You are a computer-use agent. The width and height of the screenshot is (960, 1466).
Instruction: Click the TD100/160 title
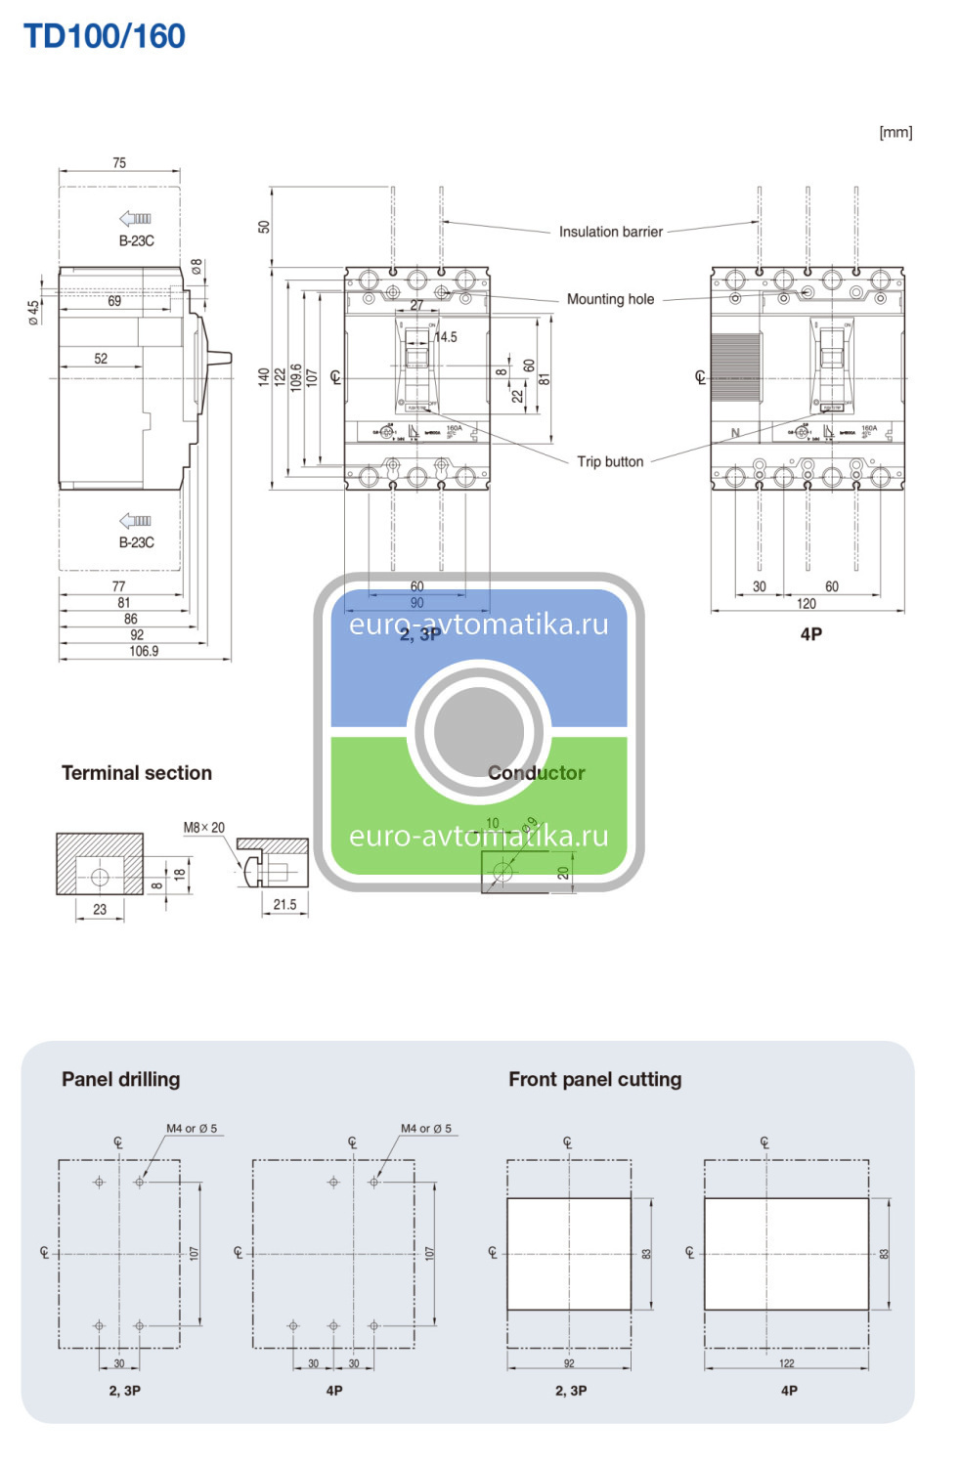pyautogui.click(x=104, y=36)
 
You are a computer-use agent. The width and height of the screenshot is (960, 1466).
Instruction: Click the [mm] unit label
pyautogui.click(x=895, y=132)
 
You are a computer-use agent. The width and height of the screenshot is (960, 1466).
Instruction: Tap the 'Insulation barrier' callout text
pyautogui.click(x=610, y=232)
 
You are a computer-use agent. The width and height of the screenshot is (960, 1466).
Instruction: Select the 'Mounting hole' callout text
pyautogui.click(x=610, y=299)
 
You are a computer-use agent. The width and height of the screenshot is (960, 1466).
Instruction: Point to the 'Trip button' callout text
pyautogui.click(x=610, y=461)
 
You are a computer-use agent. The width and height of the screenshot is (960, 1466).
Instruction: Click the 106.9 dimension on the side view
pyautogui.click(x=144, y=651)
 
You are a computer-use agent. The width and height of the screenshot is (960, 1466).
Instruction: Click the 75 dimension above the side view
pyautogui.click(x=119, y=163)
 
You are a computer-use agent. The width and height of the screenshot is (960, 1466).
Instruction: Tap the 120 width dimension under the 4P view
pyautogui.click(x=807, y=604)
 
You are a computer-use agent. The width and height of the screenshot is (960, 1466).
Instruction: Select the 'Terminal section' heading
pyautogui.click(x=137, y=773)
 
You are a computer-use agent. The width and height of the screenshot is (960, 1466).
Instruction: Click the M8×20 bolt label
pyautogui.click(x=203, y=828)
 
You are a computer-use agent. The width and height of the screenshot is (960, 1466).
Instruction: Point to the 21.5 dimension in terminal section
pyautogui.click(x=284, y=905)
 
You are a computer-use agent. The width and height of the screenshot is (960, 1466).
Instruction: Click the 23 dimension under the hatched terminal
pyautogui.click(x=100, y=909)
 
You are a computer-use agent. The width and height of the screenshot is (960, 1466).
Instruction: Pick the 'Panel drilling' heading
pyautogui.click(x=120, y=1079)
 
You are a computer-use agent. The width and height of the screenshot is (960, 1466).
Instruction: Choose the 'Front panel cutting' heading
pyautogui.click(x=594, y=1079)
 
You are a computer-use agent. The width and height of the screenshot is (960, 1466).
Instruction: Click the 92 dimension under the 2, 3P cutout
pyautogui.click(x=569, y=1363)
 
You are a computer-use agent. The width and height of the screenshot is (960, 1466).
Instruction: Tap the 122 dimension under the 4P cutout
pyautogui.click(x=787, y=1363)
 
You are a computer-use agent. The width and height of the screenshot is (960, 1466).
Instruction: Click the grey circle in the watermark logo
pyautogui.click(x=479, y=731)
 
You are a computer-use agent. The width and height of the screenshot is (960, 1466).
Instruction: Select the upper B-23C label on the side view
pyautogui.click(x=137, y=240)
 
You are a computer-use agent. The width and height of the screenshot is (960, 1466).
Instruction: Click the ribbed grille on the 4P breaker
pyautogui.click(x=735, y=367)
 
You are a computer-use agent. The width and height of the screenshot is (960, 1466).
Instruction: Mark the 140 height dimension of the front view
pyautogui.click(x=263, y=377)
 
